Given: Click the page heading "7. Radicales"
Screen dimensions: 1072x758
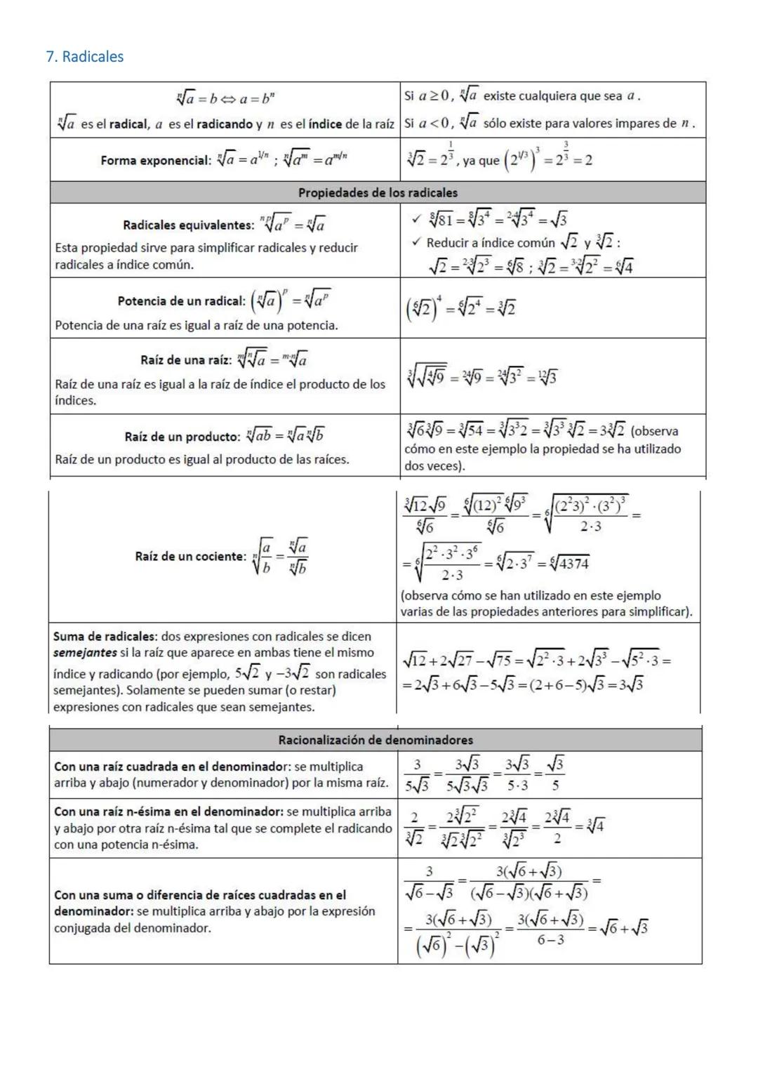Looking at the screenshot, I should (x=84, y=57).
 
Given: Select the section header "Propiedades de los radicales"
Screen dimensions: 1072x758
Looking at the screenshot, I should (x=378, y=192).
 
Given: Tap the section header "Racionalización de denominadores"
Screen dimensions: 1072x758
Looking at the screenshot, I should (x=375, y=740).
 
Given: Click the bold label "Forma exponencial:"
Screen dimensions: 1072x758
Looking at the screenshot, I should (x=155, y=161).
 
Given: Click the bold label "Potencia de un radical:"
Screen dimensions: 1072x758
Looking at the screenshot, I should (x=181, y=301).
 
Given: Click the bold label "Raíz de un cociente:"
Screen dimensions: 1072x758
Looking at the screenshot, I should (x=190, y=557).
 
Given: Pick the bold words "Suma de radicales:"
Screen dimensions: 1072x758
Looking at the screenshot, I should (x=105, y=637).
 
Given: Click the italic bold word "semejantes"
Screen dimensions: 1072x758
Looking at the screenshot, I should (x=85, y=653).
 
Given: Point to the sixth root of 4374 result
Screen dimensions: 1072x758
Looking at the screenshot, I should (x=570, y=563).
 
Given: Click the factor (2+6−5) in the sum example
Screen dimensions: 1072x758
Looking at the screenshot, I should (x=562, y=685).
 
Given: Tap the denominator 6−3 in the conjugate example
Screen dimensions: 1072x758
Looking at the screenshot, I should (x=550, y=940).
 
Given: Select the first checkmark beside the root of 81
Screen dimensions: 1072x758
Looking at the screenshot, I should (x=416, y=220).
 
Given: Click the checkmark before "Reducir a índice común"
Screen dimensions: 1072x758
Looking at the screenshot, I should (x=416, y=242).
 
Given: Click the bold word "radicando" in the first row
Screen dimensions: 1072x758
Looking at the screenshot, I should (x=224, y=124).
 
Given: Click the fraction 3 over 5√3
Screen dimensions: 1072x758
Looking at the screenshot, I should (x=417, y=775).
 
